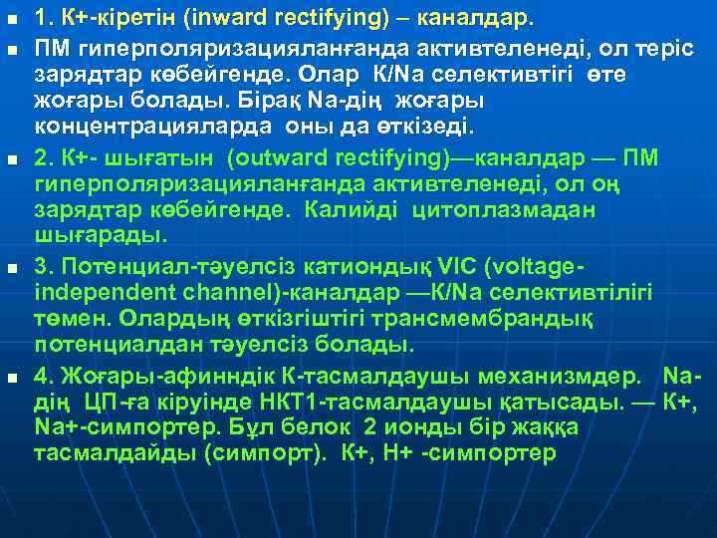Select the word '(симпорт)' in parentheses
coord(274,453)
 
